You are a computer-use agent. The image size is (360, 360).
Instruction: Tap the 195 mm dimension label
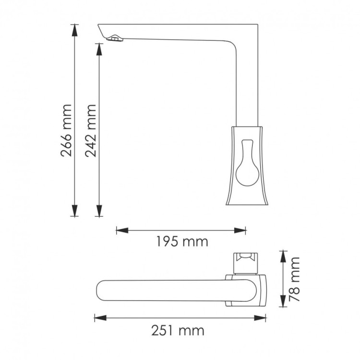click(182, 241)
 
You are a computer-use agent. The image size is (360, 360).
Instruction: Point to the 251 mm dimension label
click(179, 331)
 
